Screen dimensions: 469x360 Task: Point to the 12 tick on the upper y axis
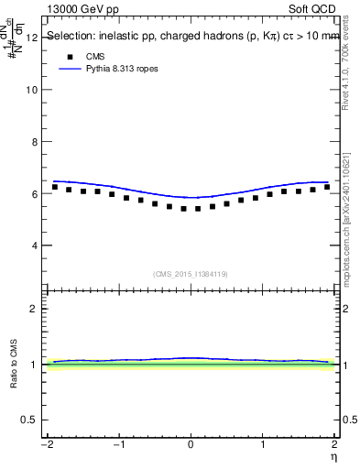point(33,38)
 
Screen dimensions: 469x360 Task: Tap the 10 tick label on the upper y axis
point(33,90)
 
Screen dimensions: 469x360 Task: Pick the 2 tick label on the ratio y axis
point(35,309)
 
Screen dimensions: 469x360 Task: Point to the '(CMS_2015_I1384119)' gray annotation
point(190,273)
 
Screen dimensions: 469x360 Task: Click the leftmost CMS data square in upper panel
point(55,187)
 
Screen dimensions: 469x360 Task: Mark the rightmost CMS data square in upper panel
point(327,187)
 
